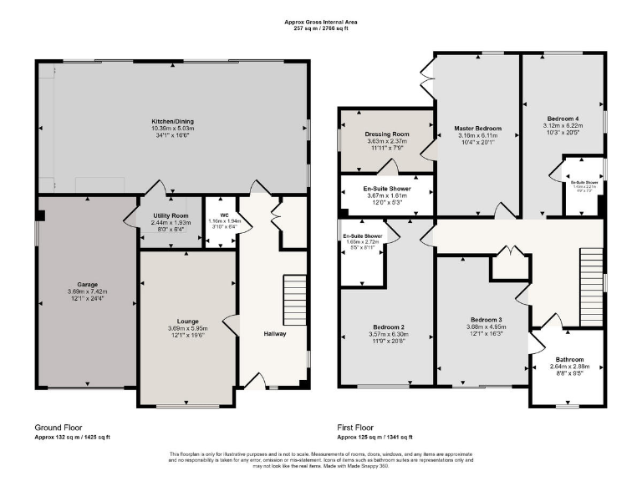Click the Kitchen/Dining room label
point(173,122)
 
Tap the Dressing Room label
point(387,134)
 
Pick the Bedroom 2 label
point(388,327)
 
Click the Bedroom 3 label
point(486,320)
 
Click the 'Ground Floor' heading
point(59,427)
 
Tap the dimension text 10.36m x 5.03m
point(173,129)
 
